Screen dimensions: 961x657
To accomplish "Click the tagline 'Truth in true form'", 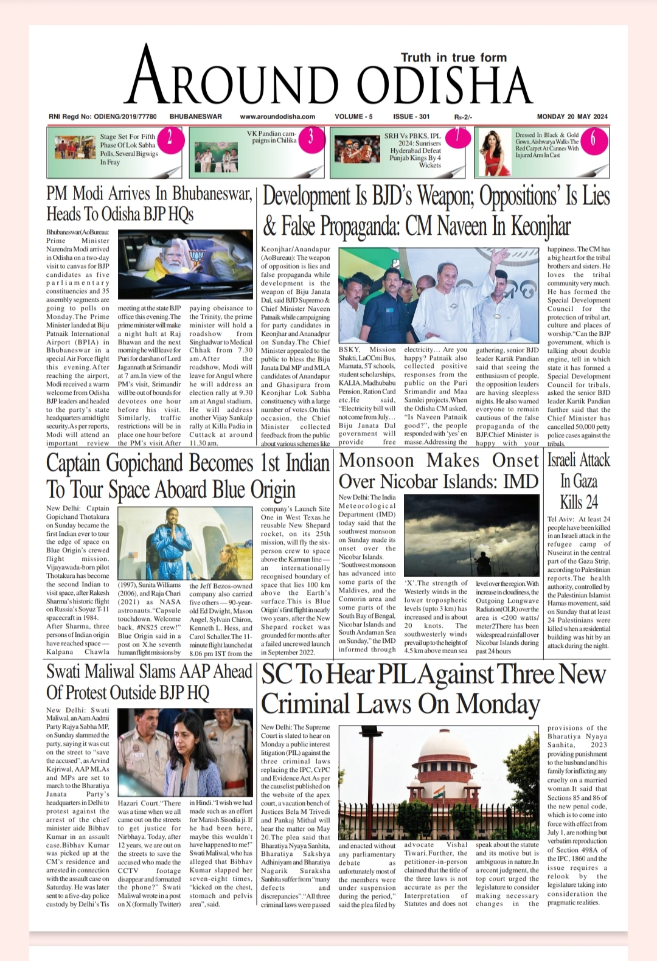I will [x=453, y=57].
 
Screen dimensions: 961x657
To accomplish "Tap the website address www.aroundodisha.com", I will [x=277, y=116].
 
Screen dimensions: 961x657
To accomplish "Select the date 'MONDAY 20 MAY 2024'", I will [x=572, y=116].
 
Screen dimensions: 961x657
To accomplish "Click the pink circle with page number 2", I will [x=170, y=137].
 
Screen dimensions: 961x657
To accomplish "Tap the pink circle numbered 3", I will [x=311, y=137].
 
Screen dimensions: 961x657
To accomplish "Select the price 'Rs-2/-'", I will [x=463, y=117].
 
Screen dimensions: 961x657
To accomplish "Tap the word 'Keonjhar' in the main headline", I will [x=540, y=226].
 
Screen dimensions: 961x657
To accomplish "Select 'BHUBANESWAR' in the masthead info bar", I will [x=196, y=116].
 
